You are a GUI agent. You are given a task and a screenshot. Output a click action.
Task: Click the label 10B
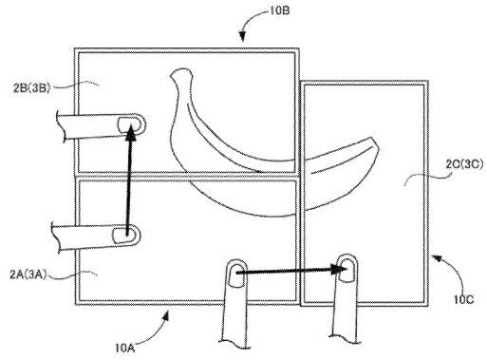[280, 10]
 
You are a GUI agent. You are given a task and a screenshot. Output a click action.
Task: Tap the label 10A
[125, 348]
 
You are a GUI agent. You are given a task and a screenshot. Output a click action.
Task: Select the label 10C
[464, 299]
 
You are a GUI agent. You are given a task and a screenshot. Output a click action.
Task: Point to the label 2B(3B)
[31, 87]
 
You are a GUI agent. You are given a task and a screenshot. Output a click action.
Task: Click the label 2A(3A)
[28, 275]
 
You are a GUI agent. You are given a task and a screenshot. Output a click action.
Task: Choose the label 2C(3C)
[464, 164]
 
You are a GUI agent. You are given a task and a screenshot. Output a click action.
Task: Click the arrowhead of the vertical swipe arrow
[130, 132]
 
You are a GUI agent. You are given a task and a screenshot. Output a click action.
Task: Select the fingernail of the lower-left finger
[122, 236]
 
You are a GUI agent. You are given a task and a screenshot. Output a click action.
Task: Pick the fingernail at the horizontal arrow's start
[236, 275]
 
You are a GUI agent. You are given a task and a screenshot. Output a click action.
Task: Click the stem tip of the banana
[181, 73]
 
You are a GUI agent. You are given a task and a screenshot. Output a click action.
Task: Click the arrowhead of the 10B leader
[242, 37]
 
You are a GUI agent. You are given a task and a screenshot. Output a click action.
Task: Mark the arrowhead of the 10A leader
[166, 315]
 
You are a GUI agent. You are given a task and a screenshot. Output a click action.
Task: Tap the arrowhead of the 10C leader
[436, 258]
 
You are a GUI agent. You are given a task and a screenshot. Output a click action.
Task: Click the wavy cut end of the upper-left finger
[61, 126]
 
